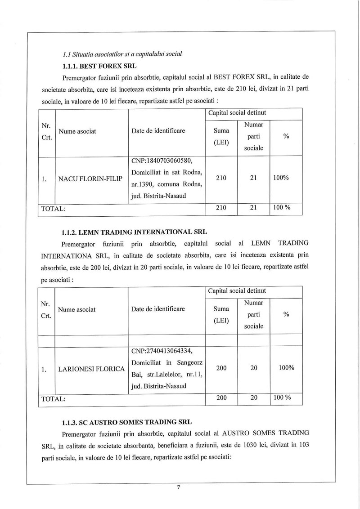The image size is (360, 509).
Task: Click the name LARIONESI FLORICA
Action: tap(91, 369)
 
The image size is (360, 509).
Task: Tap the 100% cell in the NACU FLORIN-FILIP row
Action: tap(281, 178)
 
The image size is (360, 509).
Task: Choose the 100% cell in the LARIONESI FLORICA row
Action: tap(286, 368)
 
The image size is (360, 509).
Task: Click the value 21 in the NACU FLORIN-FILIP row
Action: tap(253, 178)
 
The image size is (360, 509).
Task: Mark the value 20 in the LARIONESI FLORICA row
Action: tap(254, 368)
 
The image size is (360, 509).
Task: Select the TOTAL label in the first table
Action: tap(53, 208)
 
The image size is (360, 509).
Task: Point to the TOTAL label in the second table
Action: tap(53, 398)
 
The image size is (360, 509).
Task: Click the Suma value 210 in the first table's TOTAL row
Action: tap(221, 208)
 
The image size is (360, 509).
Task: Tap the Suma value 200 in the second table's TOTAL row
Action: tap(221, 398)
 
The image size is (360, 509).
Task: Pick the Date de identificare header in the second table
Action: tap(158, 309)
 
